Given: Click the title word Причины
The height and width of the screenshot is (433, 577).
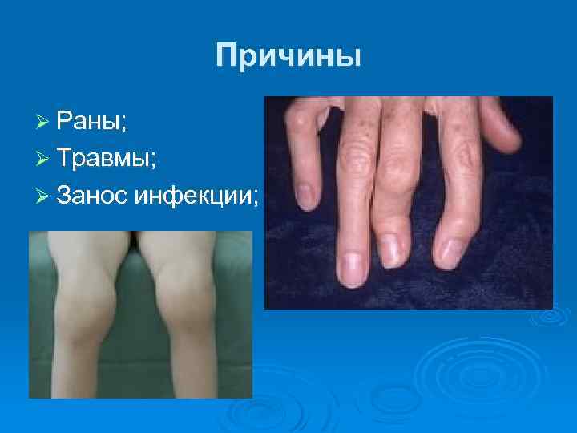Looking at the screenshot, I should click(288, 55).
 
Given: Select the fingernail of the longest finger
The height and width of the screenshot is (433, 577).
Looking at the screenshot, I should click(351, 269).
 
